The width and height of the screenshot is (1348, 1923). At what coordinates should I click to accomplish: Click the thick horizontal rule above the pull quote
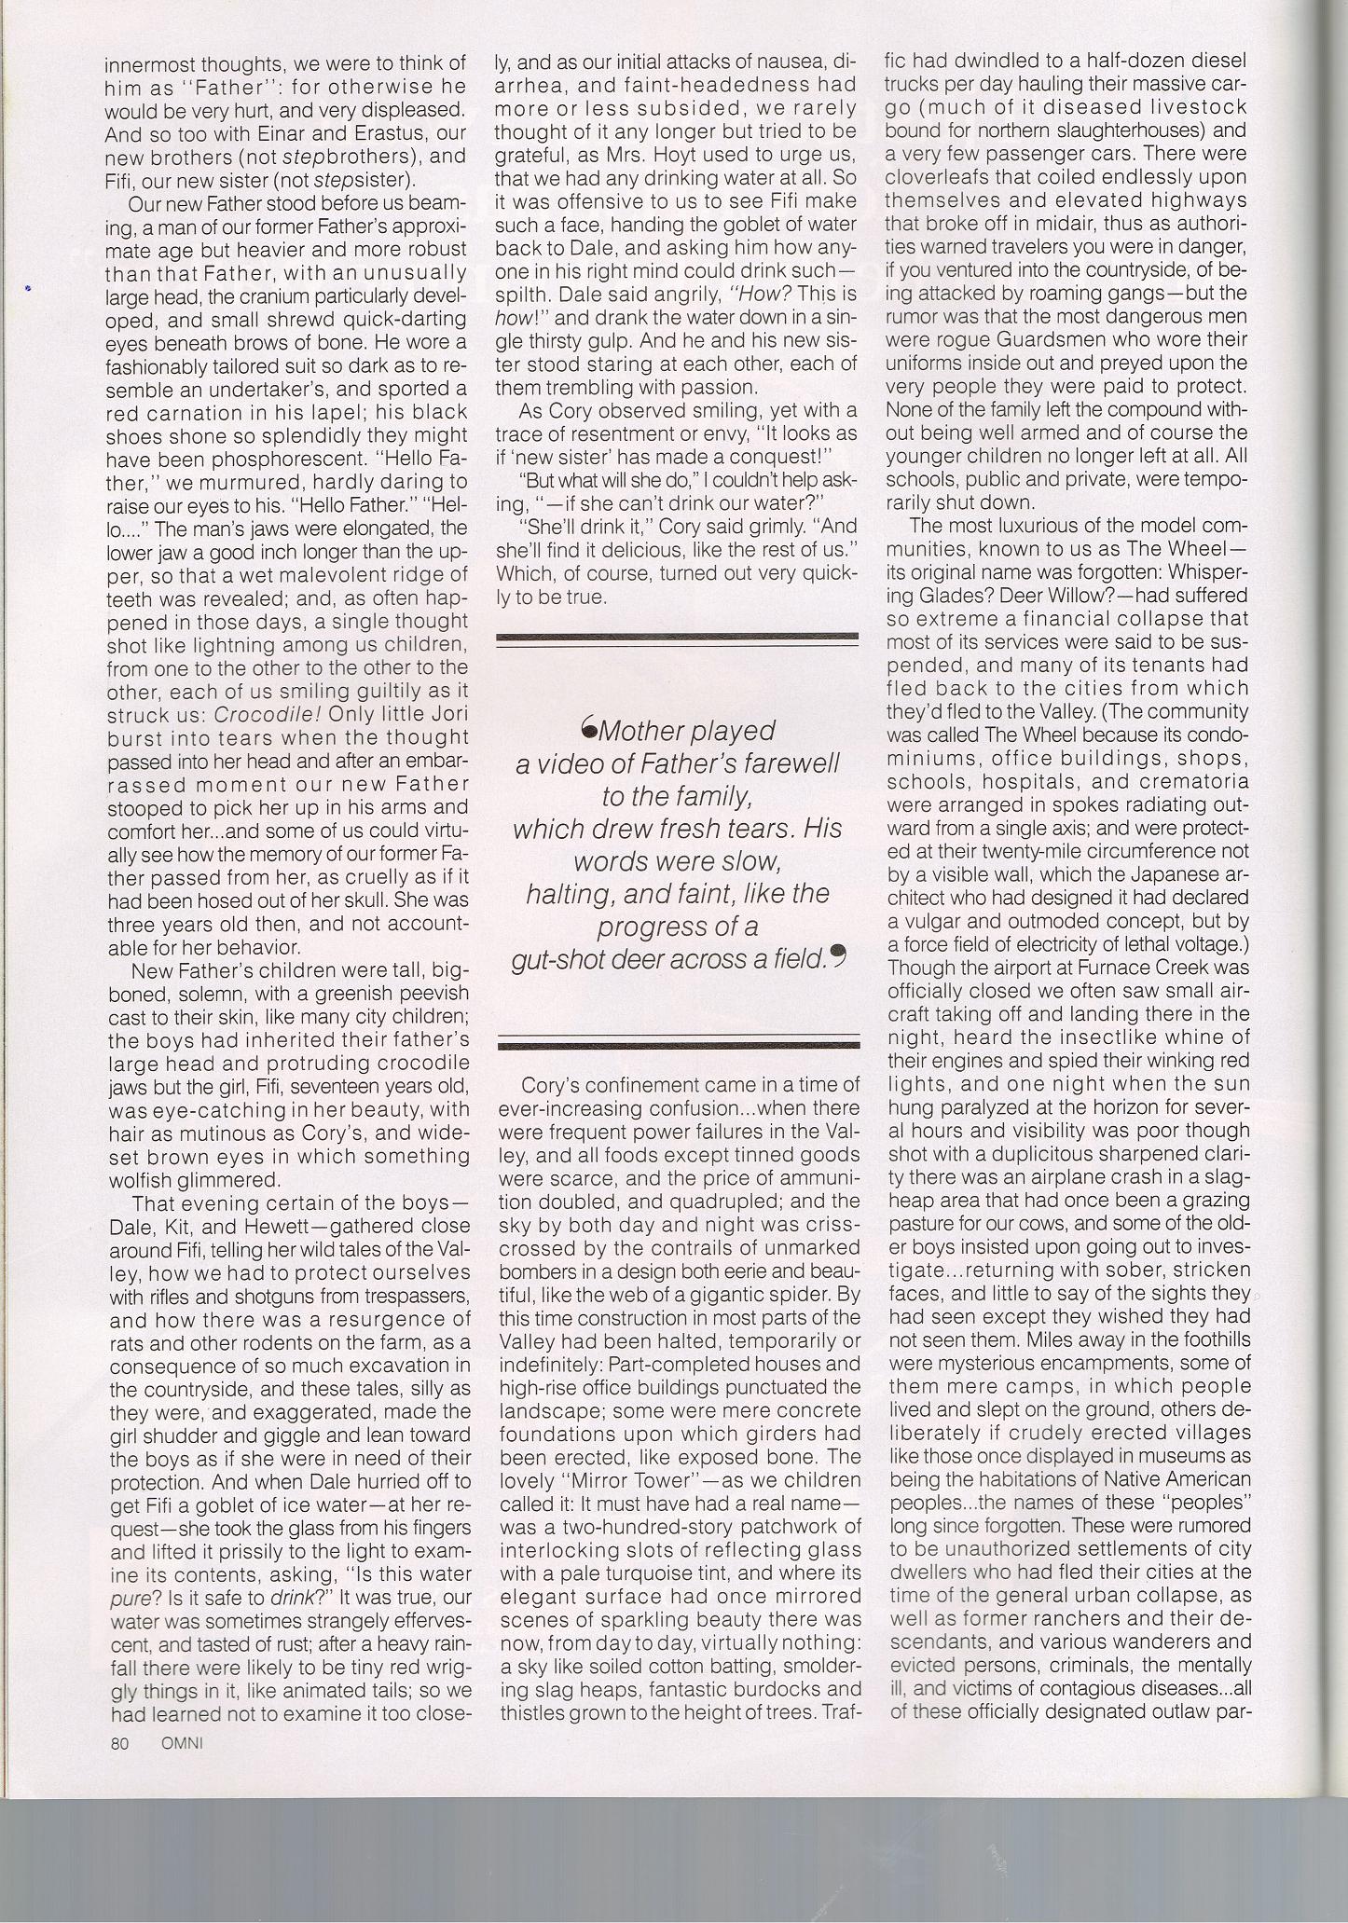point(678,638)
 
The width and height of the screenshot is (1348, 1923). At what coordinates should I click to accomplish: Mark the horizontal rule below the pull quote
point(678,1042)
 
